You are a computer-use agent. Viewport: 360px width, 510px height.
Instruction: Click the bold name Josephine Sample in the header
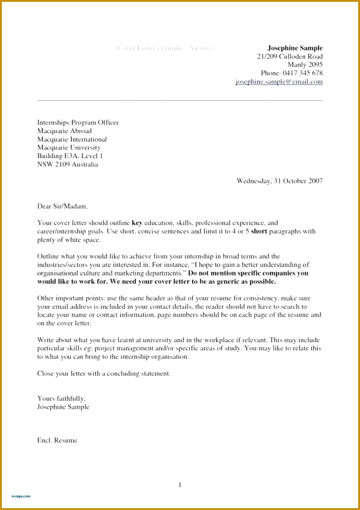coord(295,48)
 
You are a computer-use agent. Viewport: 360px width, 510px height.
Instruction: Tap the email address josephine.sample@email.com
coord(279,82)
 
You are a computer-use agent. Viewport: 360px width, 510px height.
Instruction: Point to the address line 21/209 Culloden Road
coord(290,57)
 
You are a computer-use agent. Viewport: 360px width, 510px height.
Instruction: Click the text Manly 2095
coord(305,65)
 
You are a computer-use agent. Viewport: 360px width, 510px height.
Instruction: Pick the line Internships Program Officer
coord(78,122)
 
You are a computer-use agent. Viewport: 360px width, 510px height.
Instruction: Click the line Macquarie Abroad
coord(64,131)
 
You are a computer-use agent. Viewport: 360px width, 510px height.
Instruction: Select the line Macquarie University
coord(69,148)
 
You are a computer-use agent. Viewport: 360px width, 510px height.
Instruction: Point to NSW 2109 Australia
coord(67,165)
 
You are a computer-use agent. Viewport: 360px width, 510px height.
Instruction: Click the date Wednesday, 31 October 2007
coord(279,181)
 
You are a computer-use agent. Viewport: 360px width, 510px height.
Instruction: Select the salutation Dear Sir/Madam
coord(62,207)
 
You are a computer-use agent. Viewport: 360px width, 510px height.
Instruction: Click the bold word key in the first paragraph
coord(137,223)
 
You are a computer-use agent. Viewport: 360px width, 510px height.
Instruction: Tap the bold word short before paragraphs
coord(259,231)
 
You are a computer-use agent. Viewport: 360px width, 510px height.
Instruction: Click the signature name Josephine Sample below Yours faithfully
coord(63,407)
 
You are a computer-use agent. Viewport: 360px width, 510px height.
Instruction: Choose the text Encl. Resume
coord(57,441)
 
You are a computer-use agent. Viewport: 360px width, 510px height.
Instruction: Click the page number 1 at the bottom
coord(180,485)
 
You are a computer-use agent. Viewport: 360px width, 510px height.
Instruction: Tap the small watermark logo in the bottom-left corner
coord(21,496)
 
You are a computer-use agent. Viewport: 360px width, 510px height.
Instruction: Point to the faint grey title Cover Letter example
coord(164,48)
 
